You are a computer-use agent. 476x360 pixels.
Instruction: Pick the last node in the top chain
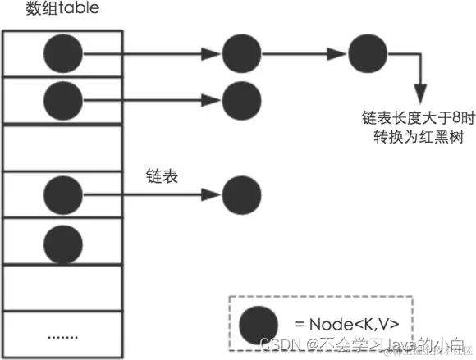(x=368, y=53)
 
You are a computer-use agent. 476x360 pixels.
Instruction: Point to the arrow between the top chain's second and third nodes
(x=304, y=54)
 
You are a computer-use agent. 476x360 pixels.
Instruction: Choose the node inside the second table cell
(x=63, y=99)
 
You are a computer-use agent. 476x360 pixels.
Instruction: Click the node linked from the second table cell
(x=242, y=99)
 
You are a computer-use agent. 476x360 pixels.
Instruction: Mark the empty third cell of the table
(x=63, y=148)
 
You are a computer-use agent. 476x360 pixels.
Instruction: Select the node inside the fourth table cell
(x=63, y=195)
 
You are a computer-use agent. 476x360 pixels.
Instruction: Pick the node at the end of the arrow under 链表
(x=242, y=195)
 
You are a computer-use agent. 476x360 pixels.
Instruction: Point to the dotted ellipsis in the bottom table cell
(x=63, y=335)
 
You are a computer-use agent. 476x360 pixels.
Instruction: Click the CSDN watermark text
(x=361, y=344)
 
